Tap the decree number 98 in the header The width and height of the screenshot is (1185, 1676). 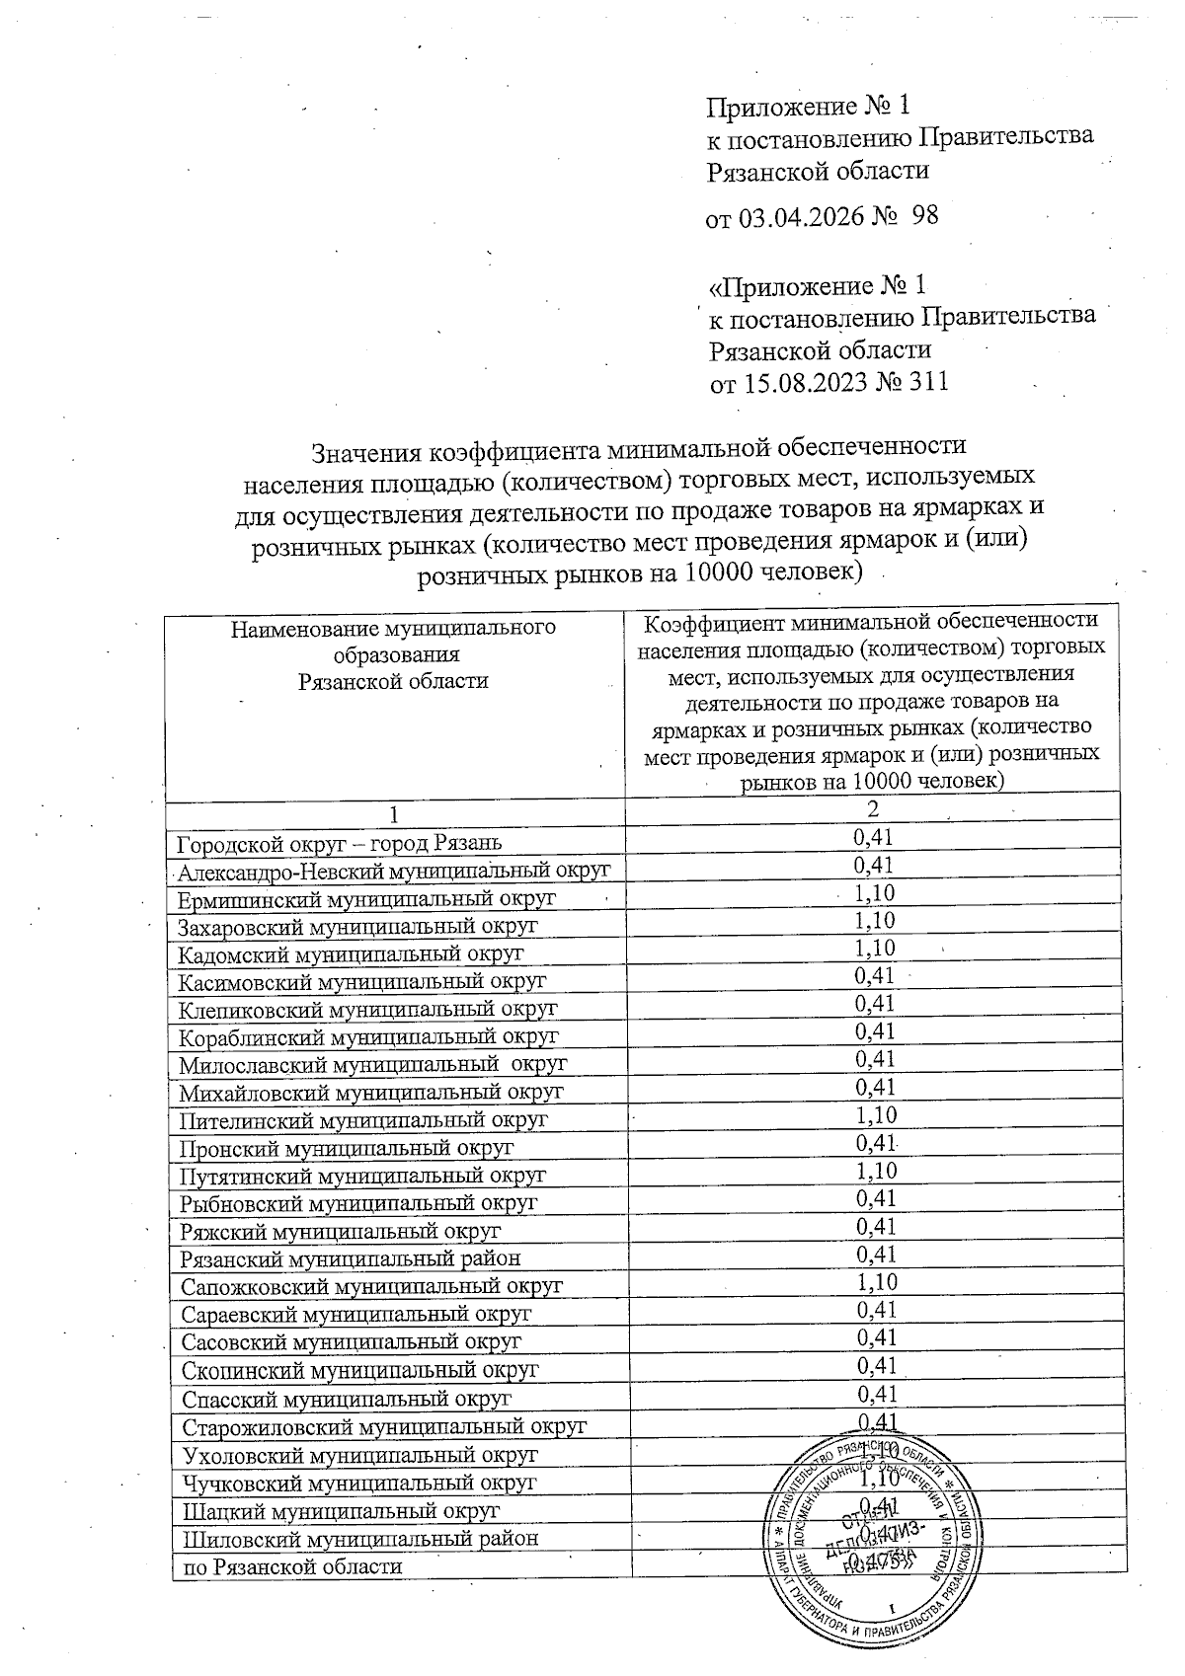pos(924,216)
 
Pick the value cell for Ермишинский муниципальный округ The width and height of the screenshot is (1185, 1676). pos(875,893)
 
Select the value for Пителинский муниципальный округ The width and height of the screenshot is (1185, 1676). pos(875,1115)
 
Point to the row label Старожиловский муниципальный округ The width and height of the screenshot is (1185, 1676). pos(384,1426)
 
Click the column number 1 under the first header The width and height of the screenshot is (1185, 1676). pos(395,815)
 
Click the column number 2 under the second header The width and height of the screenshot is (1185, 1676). pos(873,810)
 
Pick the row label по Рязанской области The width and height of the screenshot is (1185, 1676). pos(290,1566)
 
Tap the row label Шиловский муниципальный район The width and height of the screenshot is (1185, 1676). pos(359,1539)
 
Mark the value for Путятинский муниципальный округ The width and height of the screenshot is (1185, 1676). pos(875,1171)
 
